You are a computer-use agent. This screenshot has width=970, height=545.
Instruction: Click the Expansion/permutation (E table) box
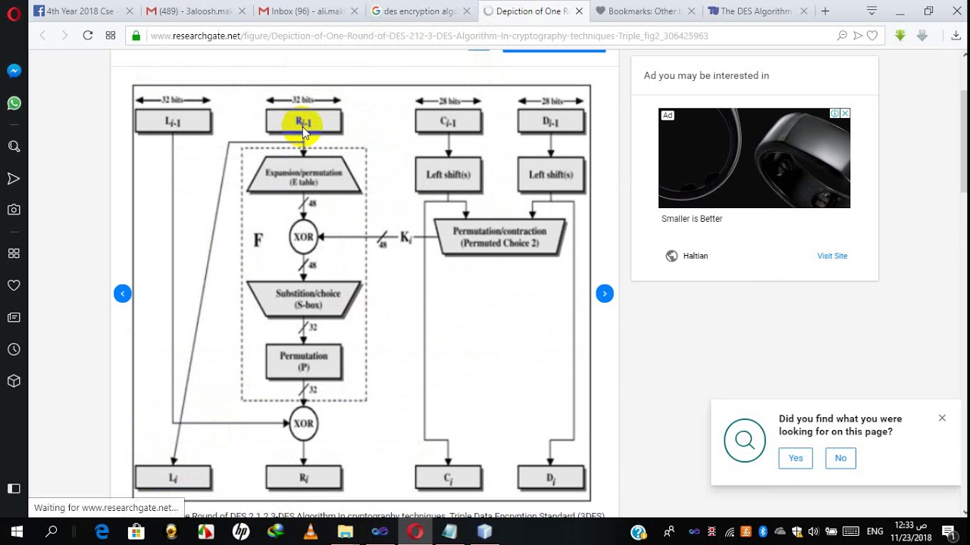tap(303, 176)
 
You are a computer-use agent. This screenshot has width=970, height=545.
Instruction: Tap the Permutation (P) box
tap(303, 361)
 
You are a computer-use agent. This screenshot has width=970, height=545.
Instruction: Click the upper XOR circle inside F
tap(303, 237)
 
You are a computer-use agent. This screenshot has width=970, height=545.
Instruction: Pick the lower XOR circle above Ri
tap(303, 423)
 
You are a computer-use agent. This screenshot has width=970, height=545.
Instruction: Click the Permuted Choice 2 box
tap(499, 237)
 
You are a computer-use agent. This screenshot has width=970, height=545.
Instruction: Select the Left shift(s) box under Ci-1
tap(448, 175)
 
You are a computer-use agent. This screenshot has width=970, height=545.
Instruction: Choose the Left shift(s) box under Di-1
tap(551, 175)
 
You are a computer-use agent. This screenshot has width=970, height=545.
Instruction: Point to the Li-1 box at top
tap(173, 122)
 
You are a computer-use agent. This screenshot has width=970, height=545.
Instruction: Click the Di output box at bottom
tap(551, 478)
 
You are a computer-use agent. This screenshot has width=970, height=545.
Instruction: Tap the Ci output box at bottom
tap(448, 478)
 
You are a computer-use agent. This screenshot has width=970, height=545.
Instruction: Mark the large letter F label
tap(258, 241)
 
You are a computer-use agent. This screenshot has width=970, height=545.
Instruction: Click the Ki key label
tap(405, 238)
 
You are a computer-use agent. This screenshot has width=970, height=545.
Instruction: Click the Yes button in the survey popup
tap(795, 458)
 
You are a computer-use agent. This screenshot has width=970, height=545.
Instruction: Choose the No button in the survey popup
tap(840, 458)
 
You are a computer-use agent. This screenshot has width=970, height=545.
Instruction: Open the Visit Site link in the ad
tap(831, 256)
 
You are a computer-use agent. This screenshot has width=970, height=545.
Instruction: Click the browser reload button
tap(87, 36)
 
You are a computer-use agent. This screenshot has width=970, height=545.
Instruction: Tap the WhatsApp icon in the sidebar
tap(14, 103)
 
